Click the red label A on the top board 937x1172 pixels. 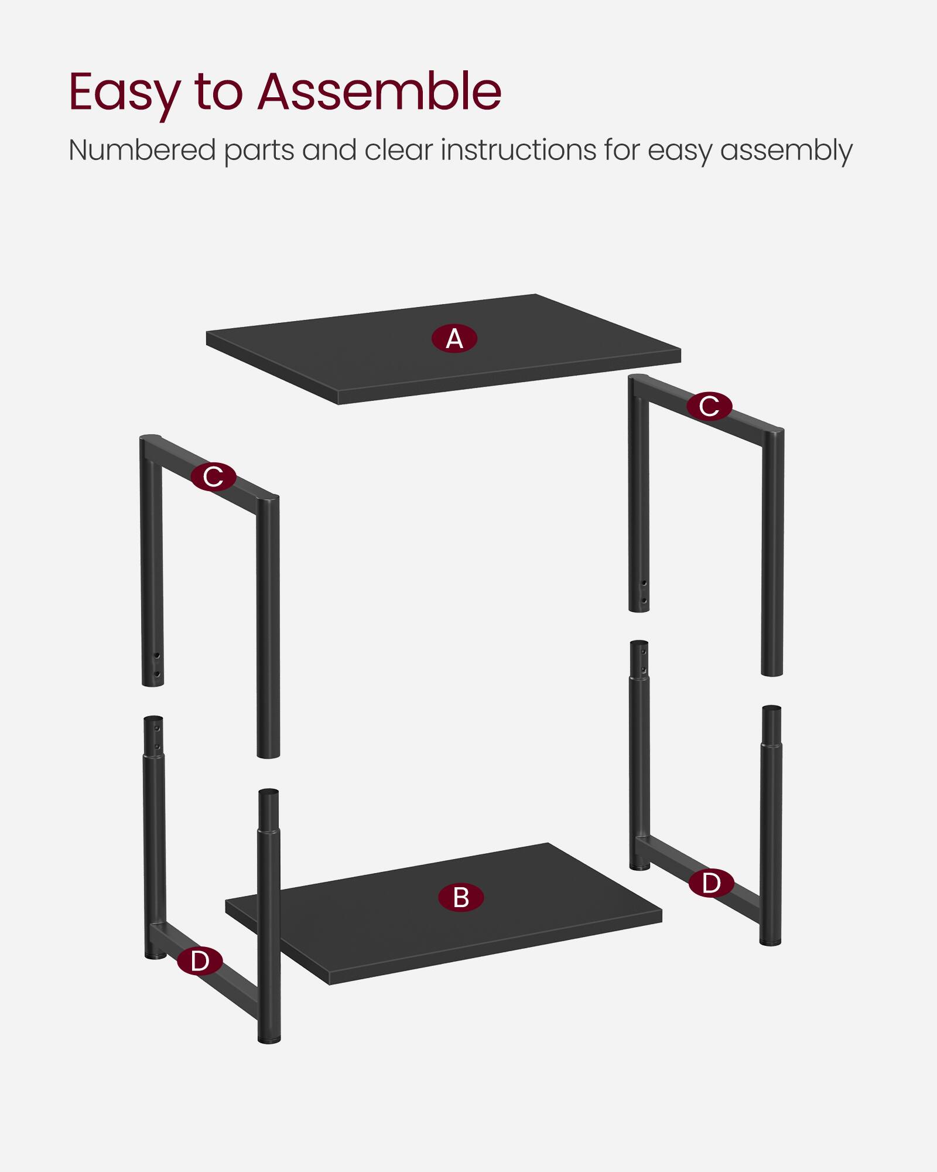454,339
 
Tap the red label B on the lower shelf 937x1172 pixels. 461,898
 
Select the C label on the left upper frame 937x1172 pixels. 213,476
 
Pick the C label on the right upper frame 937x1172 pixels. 709,406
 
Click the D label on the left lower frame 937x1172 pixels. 200,961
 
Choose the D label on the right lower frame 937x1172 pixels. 711,883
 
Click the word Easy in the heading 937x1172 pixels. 124,93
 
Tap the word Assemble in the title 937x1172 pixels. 379,91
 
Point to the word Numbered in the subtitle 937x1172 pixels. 142,150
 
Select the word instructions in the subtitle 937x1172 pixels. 518,150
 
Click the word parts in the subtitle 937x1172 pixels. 259,151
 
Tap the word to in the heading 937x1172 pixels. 218,93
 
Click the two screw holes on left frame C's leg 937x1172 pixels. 156,664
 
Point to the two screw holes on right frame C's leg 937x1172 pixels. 644,592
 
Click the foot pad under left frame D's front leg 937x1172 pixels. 269,1041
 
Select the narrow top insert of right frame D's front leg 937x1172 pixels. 772,724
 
